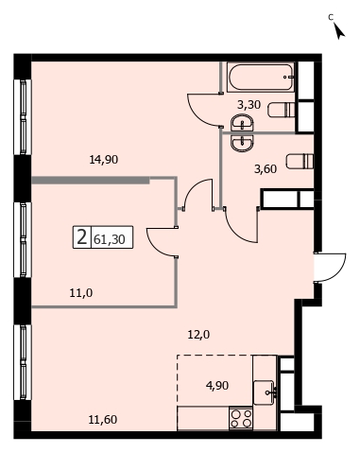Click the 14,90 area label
[104, 160]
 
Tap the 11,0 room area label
[81, 293]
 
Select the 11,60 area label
[103, 420]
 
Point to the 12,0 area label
[198, 335]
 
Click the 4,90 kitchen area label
[217, 385]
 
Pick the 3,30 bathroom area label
[249, 104]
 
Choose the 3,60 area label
[266, 169]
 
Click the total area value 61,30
[110, 239]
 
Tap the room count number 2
[81, 237]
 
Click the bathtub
[260, 78]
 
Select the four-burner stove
[241, 418]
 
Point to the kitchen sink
[265, 392]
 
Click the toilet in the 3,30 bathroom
[281, 110]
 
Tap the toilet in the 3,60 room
[300, 161]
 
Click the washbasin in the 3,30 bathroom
[242, 122]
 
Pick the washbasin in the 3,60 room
[242, 144]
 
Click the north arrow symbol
[339, 31]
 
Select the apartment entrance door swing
[331, 267]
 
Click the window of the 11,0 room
[23, 240]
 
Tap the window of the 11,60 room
[23, 362]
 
